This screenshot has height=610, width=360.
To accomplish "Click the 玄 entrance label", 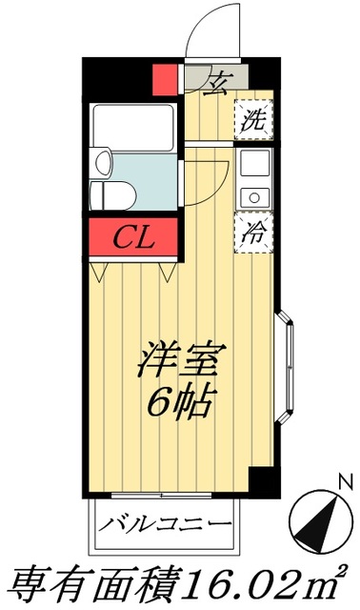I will click(218, 79).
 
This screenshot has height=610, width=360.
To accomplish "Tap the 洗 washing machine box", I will click(251, 121).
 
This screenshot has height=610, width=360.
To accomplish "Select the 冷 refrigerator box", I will click(251, 232).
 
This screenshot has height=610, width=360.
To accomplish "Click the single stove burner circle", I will click(253, 197).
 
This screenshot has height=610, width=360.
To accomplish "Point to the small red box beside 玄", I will click(166, 77).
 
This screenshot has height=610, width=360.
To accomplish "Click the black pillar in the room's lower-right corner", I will click(260, 482).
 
